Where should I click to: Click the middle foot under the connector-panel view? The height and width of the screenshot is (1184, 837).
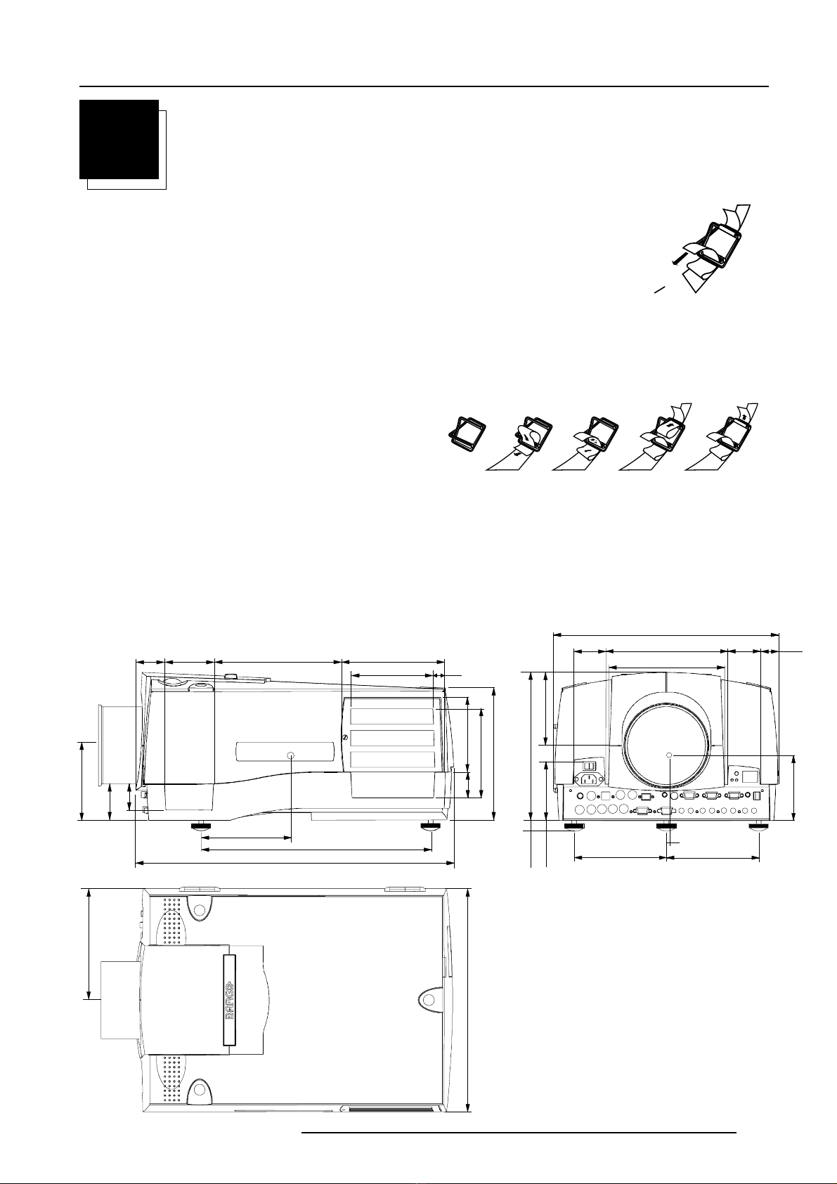point(667,828)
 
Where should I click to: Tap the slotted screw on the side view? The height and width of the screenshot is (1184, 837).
point(345,737)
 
